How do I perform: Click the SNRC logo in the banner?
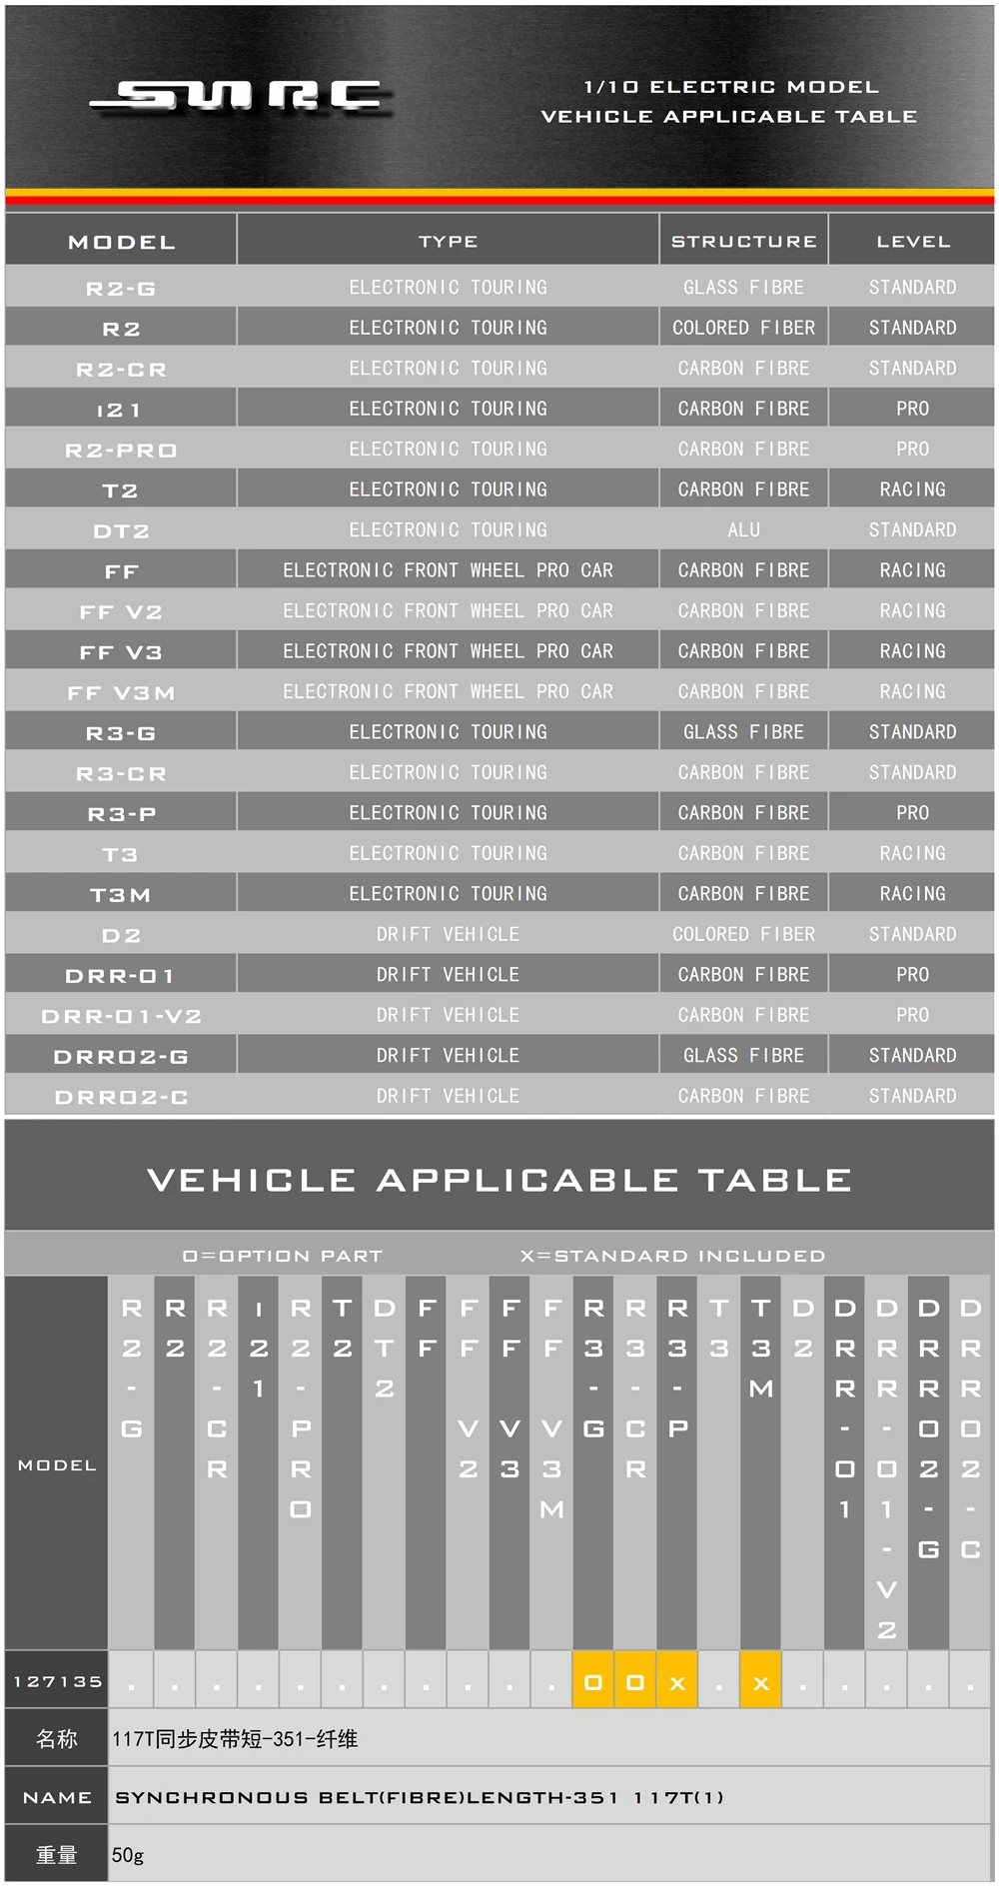(x=240, y=97)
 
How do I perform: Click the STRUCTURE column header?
(x=743, y=242)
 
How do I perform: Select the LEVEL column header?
(x=913, y=242)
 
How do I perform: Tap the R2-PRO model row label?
(x=121, y=451)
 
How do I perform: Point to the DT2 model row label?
(x=121, y=531)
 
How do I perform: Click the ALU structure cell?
(x=743, y=530)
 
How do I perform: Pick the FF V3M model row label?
(x=121, y=693)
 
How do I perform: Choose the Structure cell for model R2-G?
(x=743, y=288)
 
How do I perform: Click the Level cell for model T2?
(x=912, y=489)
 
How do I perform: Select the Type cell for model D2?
(x=448, y=935)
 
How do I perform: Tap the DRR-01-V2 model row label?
(x=121, y=1017)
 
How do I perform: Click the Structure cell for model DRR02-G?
(x=743, y=1056)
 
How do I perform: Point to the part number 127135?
(x=58, y=1682)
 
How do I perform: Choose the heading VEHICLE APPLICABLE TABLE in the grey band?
(x=499, y=1181)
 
